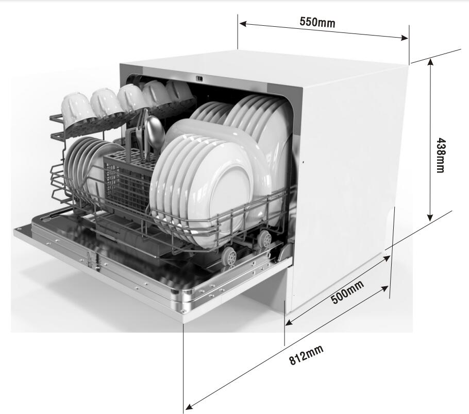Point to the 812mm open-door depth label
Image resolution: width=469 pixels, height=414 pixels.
click(306, 355)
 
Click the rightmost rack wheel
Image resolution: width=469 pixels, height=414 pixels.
click(265, 238)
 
